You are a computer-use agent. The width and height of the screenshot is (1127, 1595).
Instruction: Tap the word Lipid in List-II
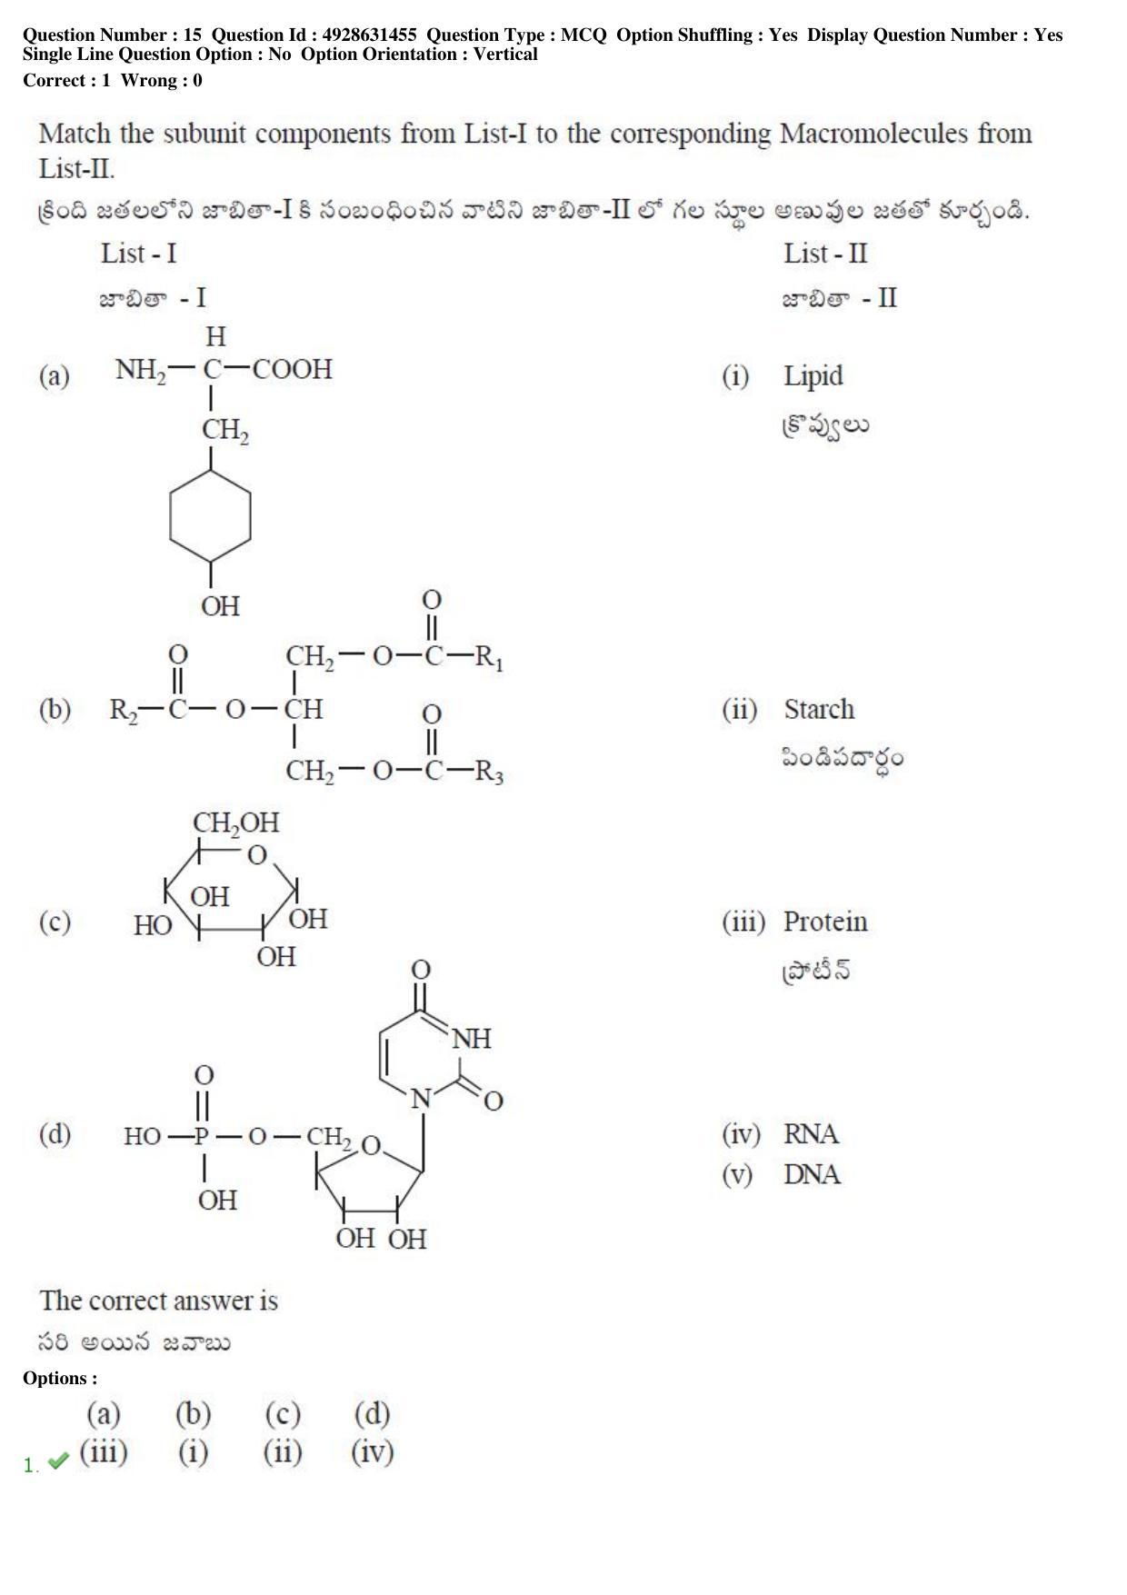click(813, 376)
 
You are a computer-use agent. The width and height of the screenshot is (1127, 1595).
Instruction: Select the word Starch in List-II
click(819, 709)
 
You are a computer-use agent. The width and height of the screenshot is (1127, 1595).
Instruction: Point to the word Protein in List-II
click(825, 922)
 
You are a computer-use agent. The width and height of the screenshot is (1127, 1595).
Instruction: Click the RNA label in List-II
click(812, 1134)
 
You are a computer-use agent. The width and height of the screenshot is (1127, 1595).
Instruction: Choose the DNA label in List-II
click(813, 1174)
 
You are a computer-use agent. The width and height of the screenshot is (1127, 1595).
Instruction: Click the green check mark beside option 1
click(58, 1461)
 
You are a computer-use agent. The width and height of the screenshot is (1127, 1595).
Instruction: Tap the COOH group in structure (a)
click(293, 369)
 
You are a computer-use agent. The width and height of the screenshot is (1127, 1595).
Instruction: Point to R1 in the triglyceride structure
click(489, 657)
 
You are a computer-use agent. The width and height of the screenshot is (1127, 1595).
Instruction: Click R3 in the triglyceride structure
click(489, 773)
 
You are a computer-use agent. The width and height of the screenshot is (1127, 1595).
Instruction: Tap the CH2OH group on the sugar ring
click(236, 823)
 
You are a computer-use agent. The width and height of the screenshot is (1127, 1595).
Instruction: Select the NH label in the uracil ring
click(471, 1039)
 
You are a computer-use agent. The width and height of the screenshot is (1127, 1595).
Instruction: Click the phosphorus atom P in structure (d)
click(202, 1136)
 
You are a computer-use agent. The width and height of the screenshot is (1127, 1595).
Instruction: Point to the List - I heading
click(139, 254)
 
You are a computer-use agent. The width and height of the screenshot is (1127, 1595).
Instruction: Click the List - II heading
click(826, 254)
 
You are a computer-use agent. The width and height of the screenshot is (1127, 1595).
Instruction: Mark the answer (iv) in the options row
click(373, 1452)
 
